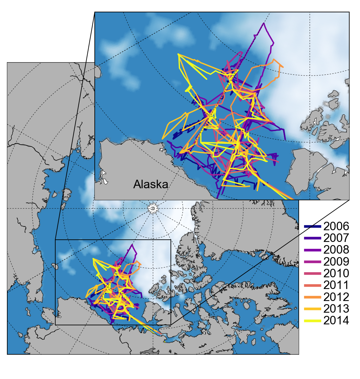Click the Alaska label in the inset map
151,184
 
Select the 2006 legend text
336,226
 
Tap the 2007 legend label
336,238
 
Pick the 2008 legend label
336,250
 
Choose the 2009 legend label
336,262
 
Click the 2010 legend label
336,274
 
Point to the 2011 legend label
336,285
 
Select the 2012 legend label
336,297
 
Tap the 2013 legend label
336,309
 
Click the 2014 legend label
336,321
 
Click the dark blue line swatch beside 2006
313,226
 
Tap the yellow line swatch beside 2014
313,321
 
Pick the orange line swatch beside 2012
313,297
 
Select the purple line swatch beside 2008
313,250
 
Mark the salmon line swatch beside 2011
313,285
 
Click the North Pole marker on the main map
153,208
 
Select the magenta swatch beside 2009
313,262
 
